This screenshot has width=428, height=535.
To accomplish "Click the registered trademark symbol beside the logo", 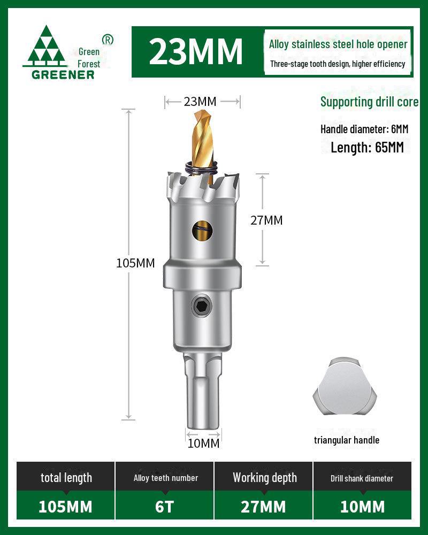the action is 108,40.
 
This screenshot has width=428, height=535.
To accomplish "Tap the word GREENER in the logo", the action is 63,75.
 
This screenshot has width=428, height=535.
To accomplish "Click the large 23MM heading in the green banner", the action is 196,51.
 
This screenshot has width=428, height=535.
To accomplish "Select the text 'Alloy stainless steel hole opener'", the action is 338,44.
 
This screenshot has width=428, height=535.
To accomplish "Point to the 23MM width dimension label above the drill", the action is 200,102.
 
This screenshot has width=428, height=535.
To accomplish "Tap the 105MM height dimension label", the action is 135,263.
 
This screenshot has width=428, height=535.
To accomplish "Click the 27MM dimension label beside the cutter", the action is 266,220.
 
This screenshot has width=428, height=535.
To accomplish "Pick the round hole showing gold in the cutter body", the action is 202,231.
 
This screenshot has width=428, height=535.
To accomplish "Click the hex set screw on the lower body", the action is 201,305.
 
